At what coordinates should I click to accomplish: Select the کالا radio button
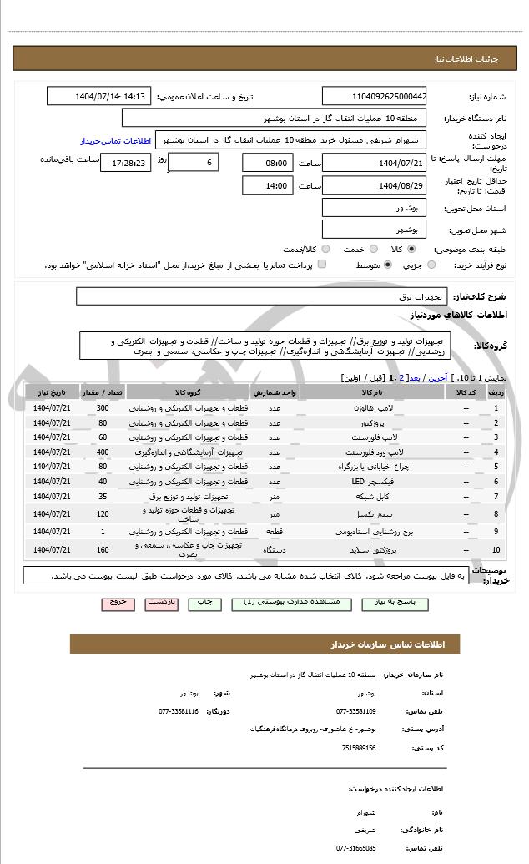click(x=411, y=249)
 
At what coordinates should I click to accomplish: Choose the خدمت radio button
click(x=372, y=249)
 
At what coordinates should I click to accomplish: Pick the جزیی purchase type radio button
click(x=431, y=265)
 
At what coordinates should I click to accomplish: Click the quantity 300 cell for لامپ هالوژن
click(x=103, y=407)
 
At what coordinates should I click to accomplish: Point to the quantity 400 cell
click(x=103, y=452)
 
